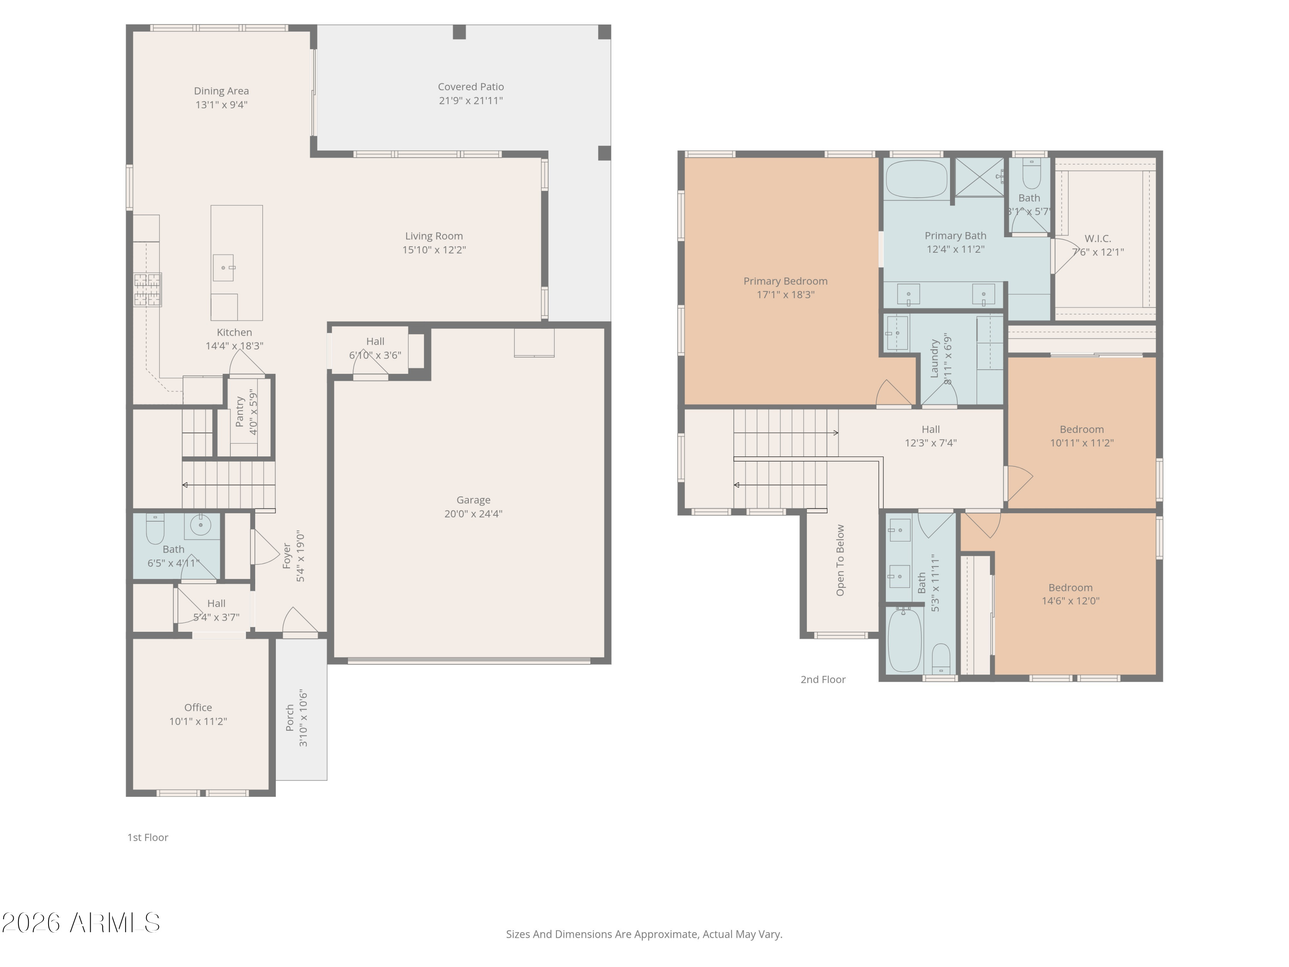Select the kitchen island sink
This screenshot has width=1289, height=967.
pyautogui.click(x=223, y=268)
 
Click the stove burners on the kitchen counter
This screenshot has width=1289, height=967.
pyautogui.click(x=147, y=290)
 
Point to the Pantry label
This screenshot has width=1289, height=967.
pyautogui.click(x=239, y=412)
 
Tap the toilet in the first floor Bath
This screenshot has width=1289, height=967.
pyautogui.click(x=155, y=529)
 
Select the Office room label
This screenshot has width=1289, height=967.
pyautogui.click(x=198, y=707)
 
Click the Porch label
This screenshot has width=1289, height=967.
pyautogui.click(x=290, y=718)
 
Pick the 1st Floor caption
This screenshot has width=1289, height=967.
pyautogui.click(x=147, y=838)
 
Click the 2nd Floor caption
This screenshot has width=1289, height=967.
pyautogui.click(x=822, y=679)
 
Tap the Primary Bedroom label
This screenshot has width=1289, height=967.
pyautogui.click(x=785, y=281)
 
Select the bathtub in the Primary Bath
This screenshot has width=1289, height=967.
pyautogui.click(x=916, y=179)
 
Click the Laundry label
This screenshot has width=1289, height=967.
pyautogui.click(x=934, y=358)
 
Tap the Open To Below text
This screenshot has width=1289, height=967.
pyautogui.click(x=840, y=560)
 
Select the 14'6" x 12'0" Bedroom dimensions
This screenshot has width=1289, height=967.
pyautogui.click(x=1070, y=601)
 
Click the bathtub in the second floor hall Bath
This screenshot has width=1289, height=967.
pyautogui.click(x=904, y=640)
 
